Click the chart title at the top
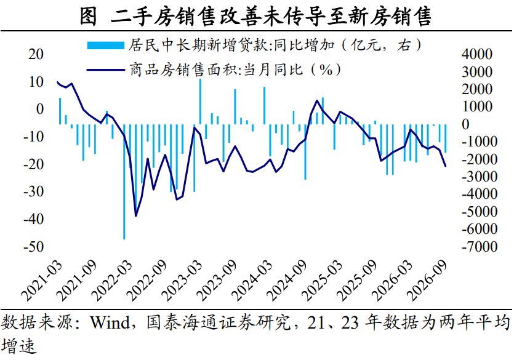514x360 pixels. click(x=255, y=17)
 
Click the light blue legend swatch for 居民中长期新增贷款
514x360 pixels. click(x=105, y=45)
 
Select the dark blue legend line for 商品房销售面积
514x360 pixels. click(x=105, y=70)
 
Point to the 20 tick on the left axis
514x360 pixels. click(x=36, y=54)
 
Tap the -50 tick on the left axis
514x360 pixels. click(x=33, y=247)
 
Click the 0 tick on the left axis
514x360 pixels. click(x=40, y=109)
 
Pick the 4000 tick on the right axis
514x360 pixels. click(x=477, y=54)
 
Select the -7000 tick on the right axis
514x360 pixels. click(x=480, y=247)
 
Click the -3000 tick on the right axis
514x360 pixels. click(x=480, y=177)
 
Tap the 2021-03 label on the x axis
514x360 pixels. click(x=41, y=281)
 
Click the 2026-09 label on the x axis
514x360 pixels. click(x=427, y=281)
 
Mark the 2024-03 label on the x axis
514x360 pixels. click(x=252, y=281)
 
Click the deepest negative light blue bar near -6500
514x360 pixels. click(x=124, y=182)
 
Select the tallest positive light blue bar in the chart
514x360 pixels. click(x=200, y=102)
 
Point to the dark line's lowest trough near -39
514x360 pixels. click(x=135, y=216)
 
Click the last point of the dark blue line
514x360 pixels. click(x=445, y=166)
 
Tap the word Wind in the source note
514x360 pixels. click(x=110, y=322)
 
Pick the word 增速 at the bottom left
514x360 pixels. click(x=18, y=346)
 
